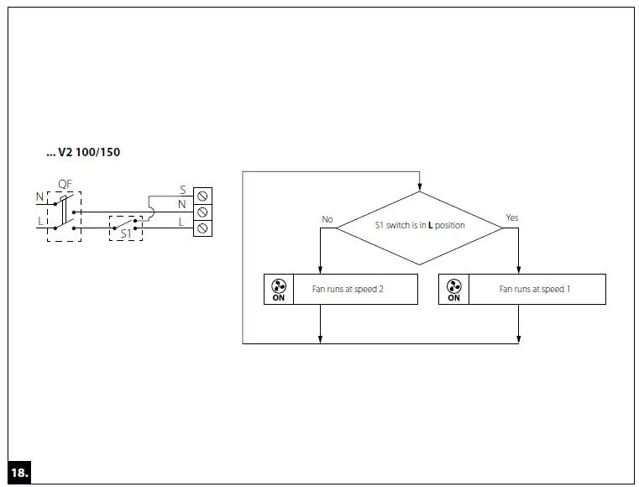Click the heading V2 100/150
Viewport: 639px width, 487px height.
[83, 153]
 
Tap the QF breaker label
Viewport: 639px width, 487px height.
[64, 184]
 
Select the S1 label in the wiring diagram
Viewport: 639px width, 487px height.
[125, 234]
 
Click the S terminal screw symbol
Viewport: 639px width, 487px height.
[202, 196]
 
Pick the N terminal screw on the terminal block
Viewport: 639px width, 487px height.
[202, 212]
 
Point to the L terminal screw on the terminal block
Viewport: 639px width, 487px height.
[202, 228]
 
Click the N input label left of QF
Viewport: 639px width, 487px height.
[39, 197]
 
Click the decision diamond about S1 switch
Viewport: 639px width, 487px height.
[419, 227]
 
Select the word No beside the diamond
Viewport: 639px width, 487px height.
[327, 220]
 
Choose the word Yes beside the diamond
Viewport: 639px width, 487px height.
[511, 218]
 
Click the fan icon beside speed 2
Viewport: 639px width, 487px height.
[279, 285]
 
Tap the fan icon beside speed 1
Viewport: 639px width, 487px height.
[453, 285]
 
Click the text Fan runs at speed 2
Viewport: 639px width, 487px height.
[354, 290]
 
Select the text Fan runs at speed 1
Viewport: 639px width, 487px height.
[535, 290]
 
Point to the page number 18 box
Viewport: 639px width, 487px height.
[19, 473]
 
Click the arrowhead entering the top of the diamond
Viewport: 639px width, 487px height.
[419, 187]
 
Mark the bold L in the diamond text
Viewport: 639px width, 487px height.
[431, 226]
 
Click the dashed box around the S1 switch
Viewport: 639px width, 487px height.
[126, 226]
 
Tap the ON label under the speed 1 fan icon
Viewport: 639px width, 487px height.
[453, 297]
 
